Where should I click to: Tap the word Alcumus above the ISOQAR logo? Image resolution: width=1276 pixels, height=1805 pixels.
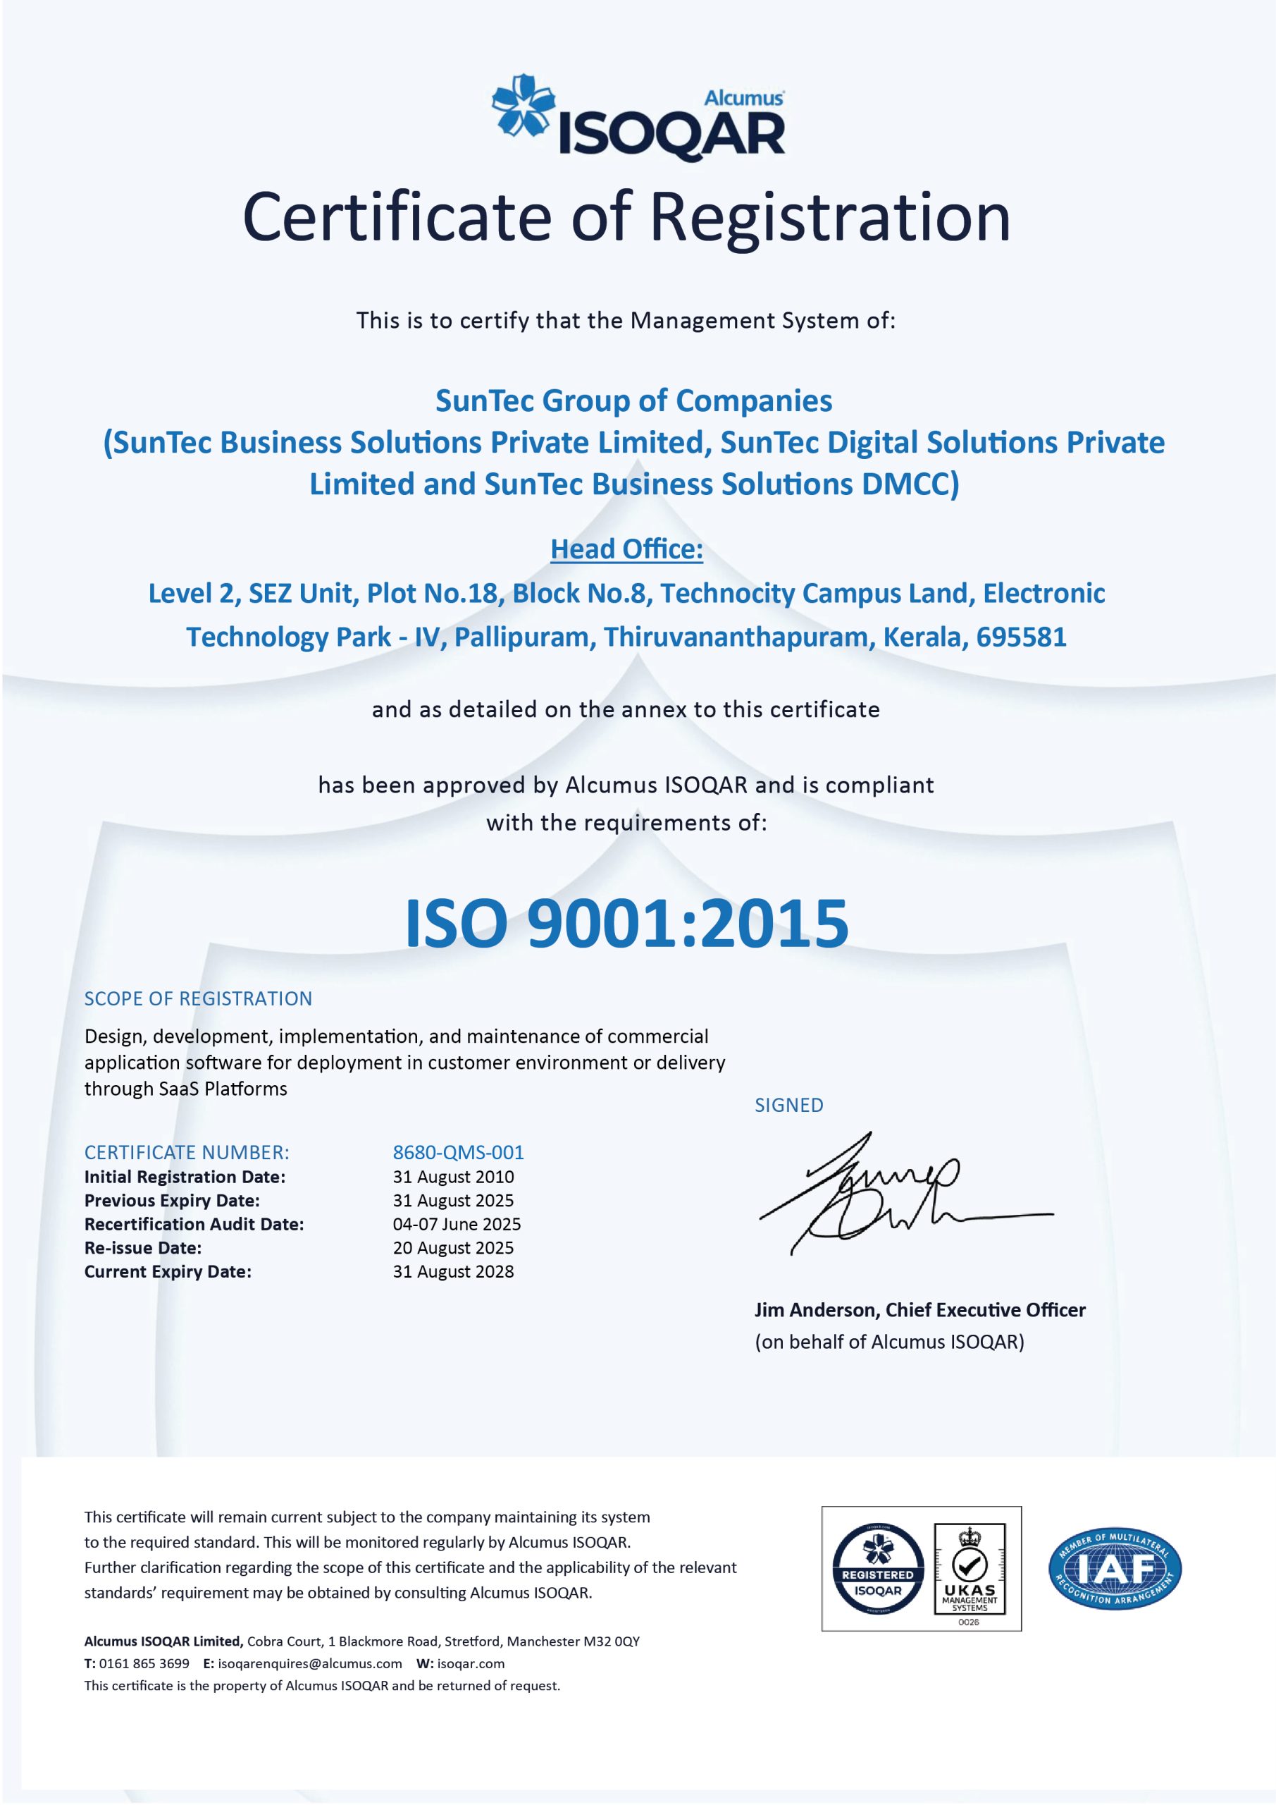[x=743, y=98]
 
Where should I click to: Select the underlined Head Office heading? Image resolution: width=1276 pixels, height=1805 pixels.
[x=626, y=549]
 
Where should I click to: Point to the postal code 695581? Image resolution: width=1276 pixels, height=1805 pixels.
[x=1021, y=636]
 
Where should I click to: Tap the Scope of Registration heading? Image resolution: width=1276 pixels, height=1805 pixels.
[x=198, y=998]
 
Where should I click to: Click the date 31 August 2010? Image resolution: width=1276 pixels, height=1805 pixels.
[x=453, y=1176]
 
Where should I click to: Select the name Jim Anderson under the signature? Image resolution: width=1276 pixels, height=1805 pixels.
[x=817, y=1310]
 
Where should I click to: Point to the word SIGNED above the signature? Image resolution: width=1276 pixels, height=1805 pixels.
[x=789, y=1105]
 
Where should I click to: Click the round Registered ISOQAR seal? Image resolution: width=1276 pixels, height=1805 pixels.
[x=878, y=1570]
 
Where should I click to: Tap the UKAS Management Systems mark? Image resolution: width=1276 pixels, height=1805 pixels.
[x=970, y=1570]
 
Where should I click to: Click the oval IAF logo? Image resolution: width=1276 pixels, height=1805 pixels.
[x=1114, y=1570]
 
